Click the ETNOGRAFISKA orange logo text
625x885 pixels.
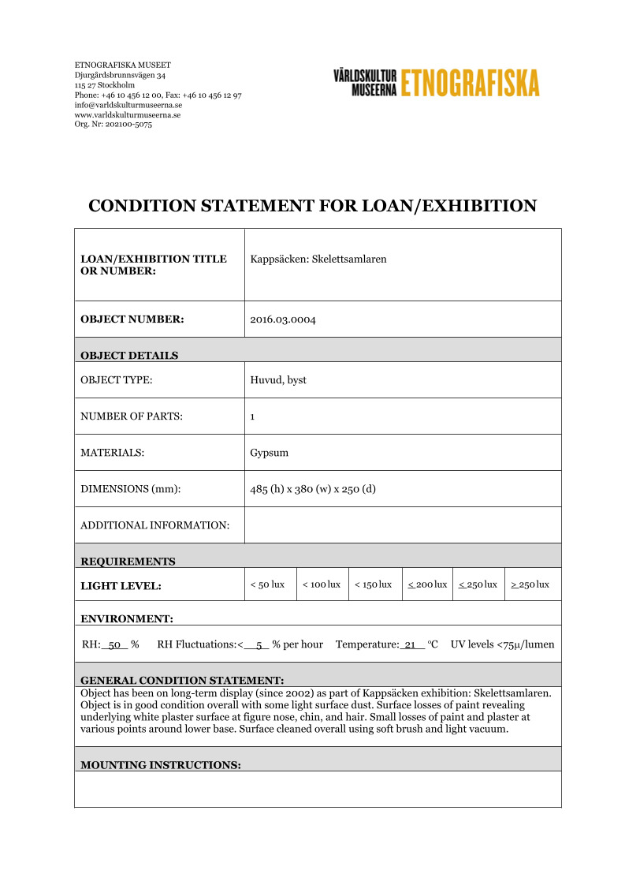(x=470, y=83)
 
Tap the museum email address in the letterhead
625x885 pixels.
(x=128, y=105)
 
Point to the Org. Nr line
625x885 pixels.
(x=108, y=124)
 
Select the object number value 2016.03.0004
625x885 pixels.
(x=283, y=319)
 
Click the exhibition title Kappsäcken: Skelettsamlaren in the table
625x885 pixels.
(x=318, y=259)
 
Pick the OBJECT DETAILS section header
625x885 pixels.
(x=129, y=355)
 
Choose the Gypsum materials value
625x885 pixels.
(x=269, y=453)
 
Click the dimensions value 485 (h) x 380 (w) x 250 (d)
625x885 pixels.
(x=313, y=489)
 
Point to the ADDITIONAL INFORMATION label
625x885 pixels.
(x=154, y=525)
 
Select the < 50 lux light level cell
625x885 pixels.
(x=267, y=584)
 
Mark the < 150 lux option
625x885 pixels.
(x=373, y=584)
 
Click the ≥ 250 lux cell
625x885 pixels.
(x=530, y=584)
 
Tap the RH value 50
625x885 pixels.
(x=114, y=644)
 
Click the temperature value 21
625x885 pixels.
(x=409, y=644)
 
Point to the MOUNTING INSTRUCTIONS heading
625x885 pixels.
(x=160, y=765)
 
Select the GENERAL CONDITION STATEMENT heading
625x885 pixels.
(x=182, y=680)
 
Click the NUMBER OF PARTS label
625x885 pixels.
(x=132, y=416)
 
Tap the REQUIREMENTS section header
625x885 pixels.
(x=128, y=562)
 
